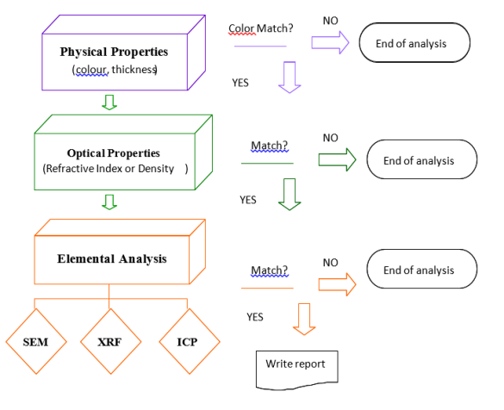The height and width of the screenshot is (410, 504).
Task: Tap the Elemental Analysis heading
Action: tap(111, 258)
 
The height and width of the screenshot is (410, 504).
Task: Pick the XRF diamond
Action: tap(110, 341)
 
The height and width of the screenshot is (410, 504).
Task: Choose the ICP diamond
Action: tap(186, 341)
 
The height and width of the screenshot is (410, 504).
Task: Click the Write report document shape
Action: tap(296, 366)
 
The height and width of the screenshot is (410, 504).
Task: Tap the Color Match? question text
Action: tap(260, 28)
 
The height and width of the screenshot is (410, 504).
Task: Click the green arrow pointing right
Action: tap(337, 158)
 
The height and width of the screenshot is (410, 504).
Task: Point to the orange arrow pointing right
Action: tap(337, 282)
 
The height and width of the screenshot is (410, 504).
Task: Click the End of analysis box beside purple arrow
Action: tap(414, 41)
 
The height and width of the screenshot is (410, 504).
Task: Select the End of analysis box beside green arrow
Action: tap(418, 160)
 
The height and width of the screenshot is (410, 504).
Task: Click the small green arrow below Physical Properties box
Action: tap(109, 102)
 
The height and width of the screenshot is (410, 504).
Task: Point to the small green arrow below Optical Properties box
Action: tap(109, 202)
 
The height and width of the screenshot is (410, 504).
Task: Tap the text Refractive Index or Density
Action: tap(109, 169)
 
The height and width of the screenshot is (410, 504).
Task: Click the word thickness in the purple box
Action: tap(133, 69)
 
